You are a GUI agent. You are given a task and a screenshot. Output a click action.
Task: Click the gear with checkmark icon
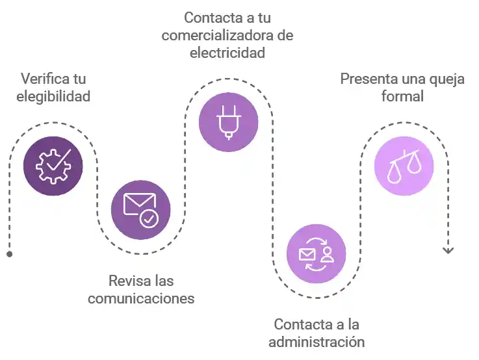click(x=53, y=166)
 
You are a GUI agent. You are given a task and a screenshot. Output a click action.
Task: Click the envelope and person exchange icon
click(x=317, y=253)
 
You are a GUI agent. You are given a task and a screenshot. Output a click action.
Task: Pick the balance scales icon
click(x=404, y=166)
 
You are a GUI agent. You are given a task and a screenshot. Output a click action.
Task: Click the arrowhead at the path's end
click(x=448, y=250)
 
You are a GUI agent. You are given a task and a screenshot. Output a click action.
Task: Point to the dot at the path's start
click(x=9, y=253)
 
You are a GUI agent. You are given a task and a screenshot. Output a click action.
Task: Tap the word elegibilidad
click(x=53, y=97)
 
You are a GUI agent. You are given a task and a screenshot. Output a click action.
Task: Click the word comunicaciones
click(x=141, y=299)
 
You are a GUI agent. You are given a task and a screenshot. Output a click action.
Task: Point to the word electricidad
click(x=227, y=53)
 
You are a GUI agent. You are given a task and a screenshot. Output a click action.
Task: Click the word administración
click(x=317, y=342)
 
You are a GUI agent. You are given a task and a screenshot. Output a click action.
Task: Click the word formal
click(x=403, y=97)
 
